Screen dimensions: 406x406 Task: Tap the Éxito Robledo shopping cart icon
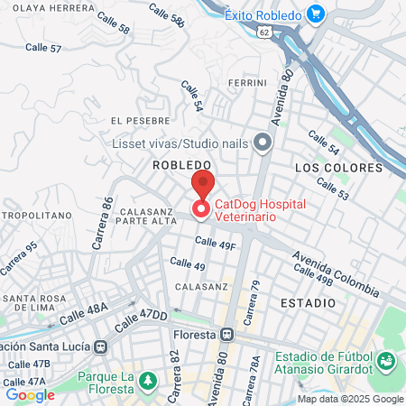point(316,14)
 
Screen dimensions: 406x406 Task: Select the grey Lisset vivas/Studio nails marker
point(263,143)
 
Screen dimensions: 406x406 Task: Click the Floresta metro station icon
point(227,334)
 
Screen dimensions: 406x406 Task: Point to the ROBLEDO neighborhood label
point(181,165)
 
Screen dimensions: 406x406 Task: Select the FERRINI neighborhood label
point(247,83)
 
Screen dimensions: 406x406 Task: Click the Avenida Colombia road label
point(334,273)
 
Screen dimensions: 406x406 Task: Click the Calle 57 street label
point(43,47)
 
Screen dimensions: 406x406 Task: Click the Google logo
point(30,394)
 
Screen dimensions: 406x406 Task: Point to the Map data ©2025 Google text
point(350,399)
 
